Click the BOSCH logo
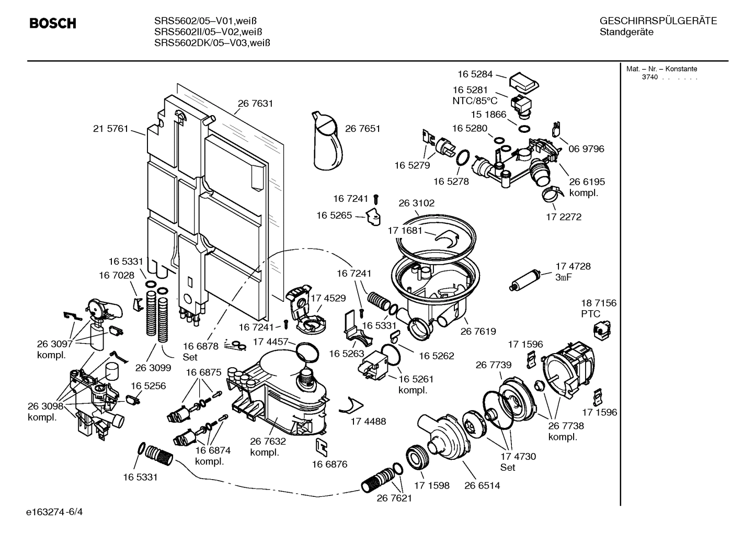[x=52, y=24]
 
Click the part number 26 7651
[x=362, y=129]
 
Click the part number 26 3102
[x=416, y=203]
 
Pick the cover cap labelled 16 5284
[x=523, y=82]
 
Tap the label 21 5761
[x=110, y=129]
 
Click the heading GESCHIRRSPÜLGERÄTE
[x=658, y=21]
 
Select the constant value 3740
[x=649, y=77]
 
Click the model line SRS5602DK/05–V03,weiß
[x=212, y=43]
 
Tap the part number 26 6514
[x=482, y=485]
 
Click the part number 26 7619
[x=478, y=331]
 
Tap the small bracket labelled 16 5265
[x=374, y=216]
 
